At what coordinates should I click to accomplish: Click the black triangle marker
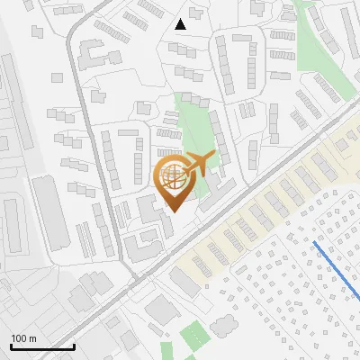[181, 24]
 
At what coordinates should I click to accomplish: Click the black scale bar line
[42, 346]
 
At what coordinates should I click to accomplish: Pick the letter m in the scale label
[32, 338]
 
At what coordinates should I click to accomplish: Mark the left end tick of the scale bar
[11, 345]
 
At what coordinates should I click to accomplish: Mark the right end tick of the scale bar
[74, 345]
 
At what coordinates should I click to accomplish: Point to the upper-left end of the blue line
[313, 242]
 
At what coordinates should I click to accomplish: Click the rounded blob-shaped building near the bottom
[161, 310]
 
